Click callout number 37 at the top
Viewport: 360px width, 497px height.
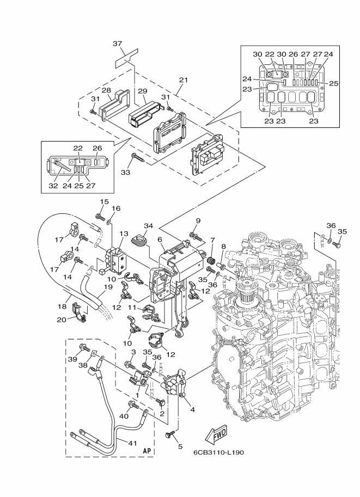click(x=118, y=44)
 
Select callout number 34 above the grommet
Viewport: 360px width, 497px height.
click(x=149, y=225)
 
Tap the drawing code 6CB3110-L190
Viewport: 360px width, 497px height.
click(x=219, y=452)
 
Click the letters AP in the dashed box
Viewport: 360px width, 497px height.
click(x=147, y=451)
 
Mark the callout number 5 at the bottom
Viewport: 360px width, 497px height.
click(x=180, y=447)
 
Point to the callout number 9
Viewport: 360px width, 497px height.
click(x=198, y=220)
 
